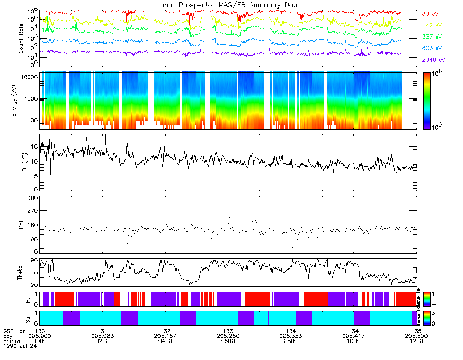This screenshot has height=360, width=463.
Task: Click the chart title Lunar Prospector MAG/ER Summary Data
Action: pos(229,5)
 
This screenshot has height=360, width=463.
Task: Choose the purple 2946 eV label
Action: pos(432,60)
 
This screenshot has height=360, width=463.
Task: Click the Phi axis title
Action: pos(21,224)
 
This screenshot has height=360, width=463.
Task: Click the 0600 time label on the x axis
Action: pos(228,340)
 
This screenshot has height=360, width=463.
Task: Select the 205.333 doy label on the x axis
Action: pos(291,335)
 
